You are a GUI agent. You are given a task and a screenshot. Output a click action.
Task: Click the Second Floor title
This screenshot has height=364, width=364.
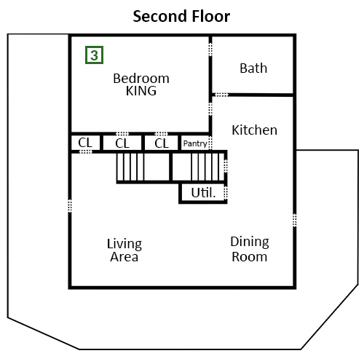(x=181, y=17)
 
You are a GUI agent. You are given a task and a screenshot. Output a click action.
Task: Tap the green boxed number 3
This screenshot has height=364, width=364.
(x=94, y=55)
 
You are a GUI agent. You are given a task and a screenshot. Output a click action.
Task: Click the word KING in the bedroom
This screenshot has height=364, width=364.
(x=141, y=91)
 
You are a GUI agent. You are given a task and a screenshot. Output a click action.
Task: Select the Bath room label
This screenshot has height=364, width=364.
(x=253, y=68)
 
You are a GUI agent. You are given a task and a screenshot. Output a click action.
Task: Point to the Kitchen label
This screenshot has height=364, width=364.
(x=255, y=130)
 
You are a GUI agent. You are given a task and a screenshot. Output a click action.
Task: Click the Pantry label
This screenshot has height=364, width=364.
(x=195, y=143)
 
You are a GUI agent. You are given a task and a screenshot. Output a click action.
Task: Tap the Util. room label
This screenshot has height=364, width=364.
(x=203, y=193)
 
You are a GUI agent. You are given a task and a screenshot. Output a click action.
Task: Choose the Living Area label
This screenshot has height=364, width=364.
(x=124, y=250)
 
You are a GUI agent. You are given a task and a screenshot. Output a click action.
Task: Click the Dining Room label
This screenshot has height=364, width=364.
(x=250, y=249)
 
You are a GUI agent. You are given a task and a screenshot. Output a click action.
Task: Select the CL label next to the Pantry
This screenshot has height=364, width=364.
(x=162, y=143)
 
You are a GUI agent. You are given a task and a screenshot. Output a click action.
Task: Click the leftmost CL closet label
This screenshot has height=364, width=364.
(x=85, y=143)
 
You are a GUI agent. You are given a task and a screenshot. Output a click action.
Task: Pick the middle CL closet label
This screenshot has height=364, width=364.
(x=122, y=143)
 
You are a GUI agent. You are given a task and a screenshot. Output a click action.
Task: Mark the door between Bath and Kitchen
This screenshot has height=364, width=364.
(x=222, y=95)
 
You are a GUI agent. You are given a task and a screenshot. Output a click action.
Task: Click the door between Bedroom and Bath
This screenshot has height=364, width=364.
(x=210, y=50)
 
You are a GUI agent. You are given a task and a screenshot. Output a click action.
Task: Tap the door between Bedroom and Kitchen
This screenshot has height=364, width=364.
(x=210, y=108)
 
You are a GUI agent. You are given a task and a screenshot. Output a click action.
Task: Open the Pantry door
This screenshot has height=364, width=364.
(x=210, y=143)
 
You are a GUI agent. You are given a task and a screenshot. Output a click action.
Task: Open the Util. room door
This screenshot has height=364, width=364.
(x=226, y=192)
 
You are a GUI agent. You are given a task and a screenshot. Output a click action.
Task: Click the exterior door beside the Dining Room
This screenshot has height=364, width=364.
(x=295, y=220)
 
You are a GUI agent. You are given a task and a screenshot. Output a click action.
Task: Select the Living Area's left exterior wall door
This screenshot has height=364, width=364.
(x=70, y=206)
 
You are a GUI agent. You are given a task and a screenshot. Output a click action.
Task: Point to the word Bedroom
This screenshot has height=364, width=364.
(x=141, y=79)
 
